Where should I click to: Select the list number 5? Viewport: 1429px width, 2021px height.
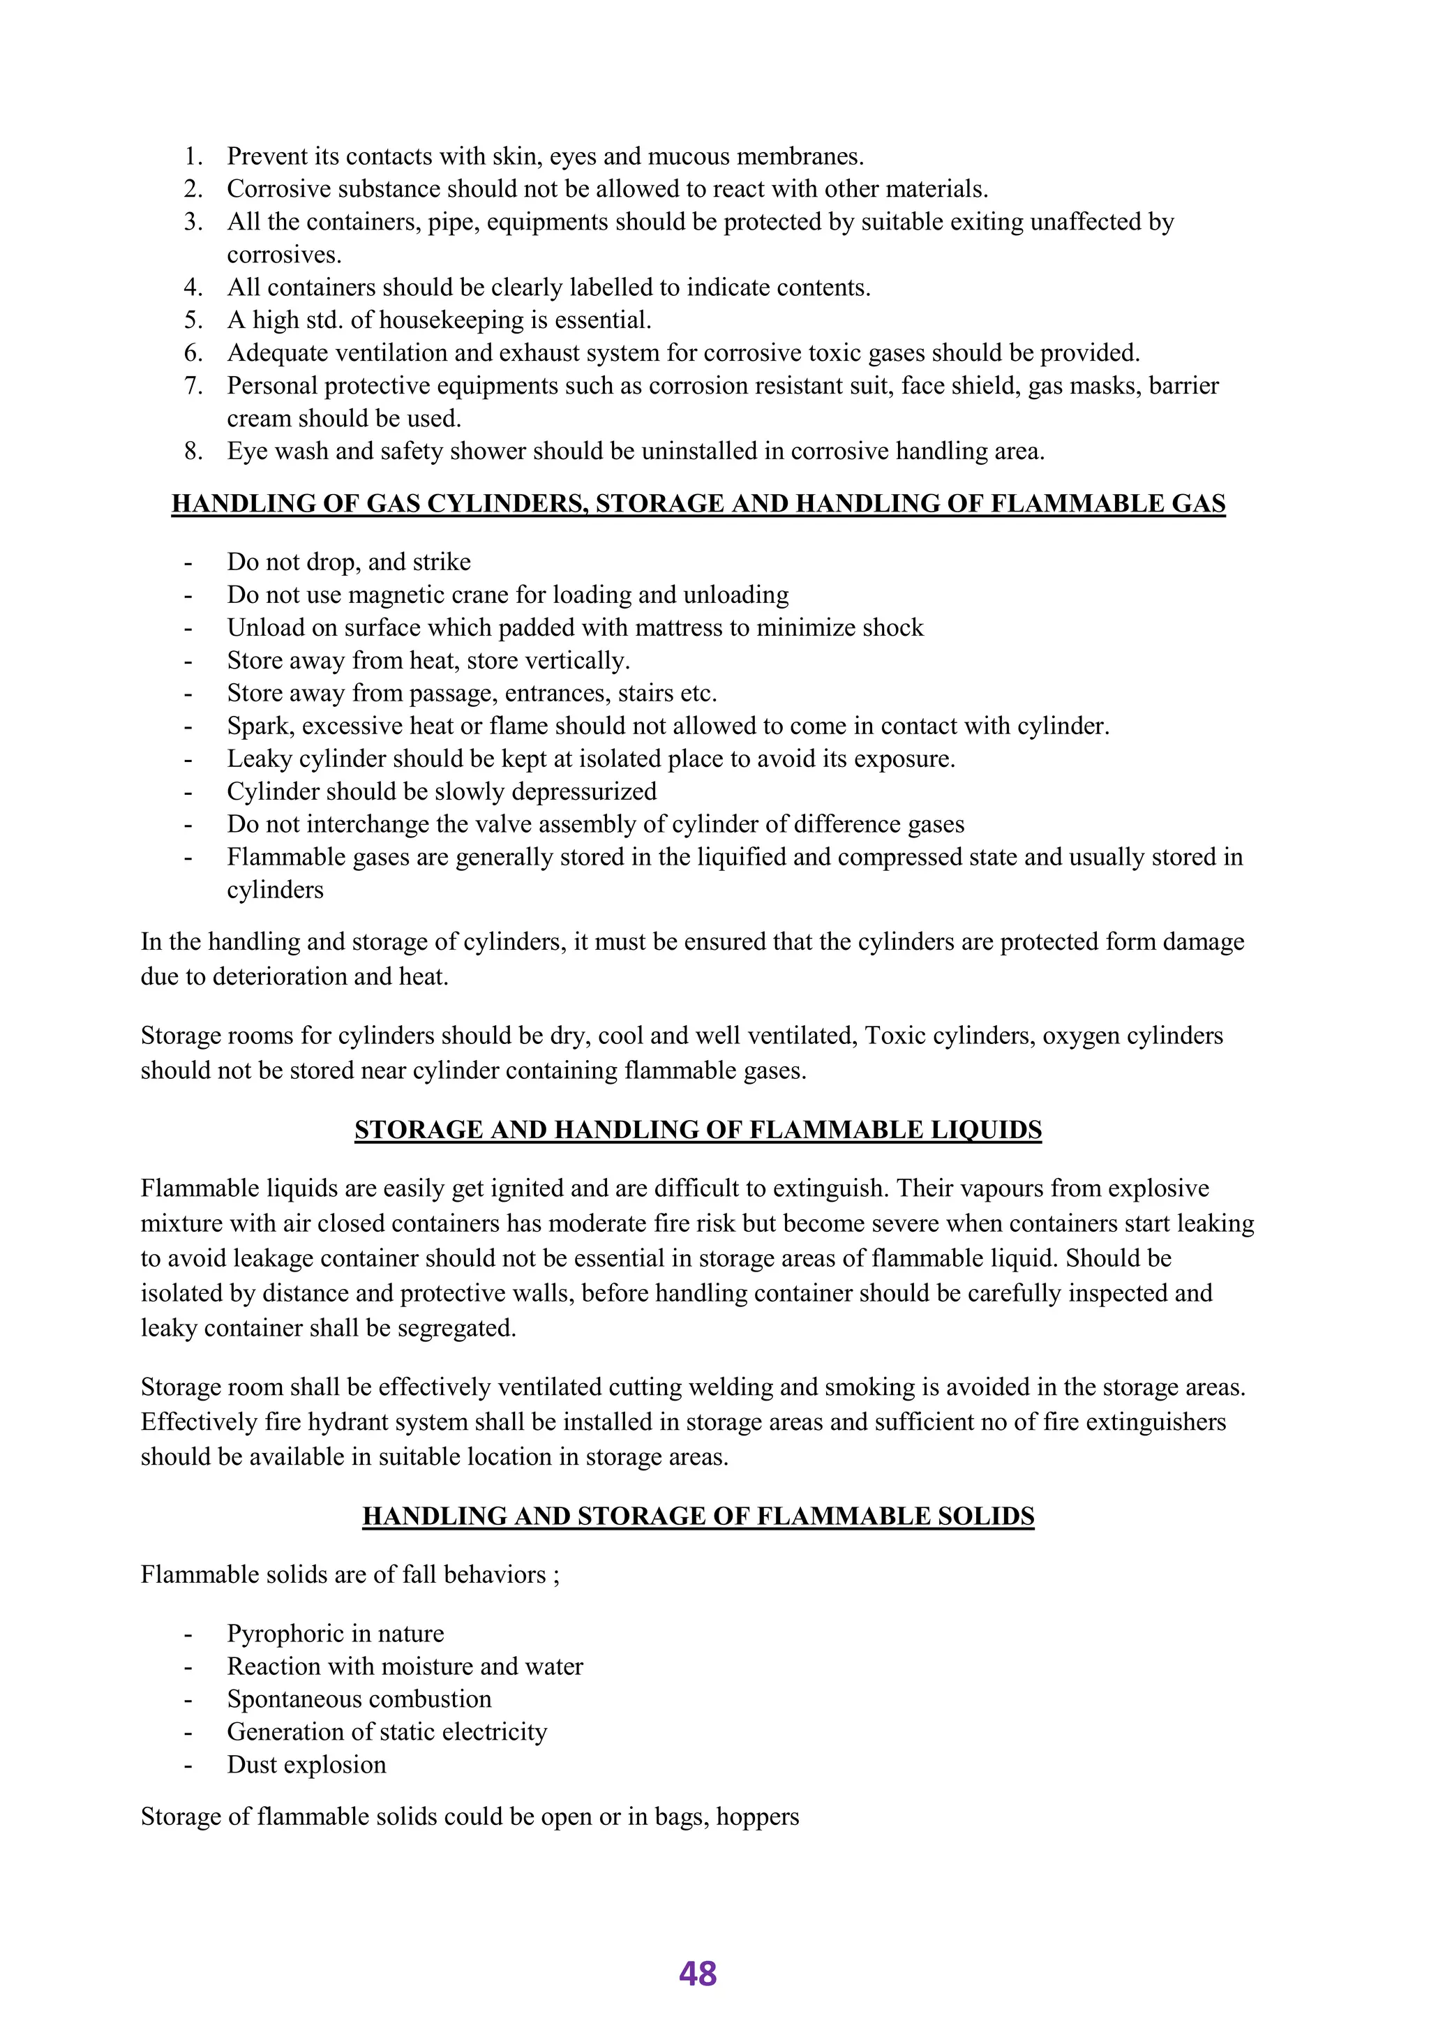tap(193, 320)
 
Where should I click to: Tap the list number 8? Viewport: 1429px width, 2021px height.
tap(193, 452)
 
